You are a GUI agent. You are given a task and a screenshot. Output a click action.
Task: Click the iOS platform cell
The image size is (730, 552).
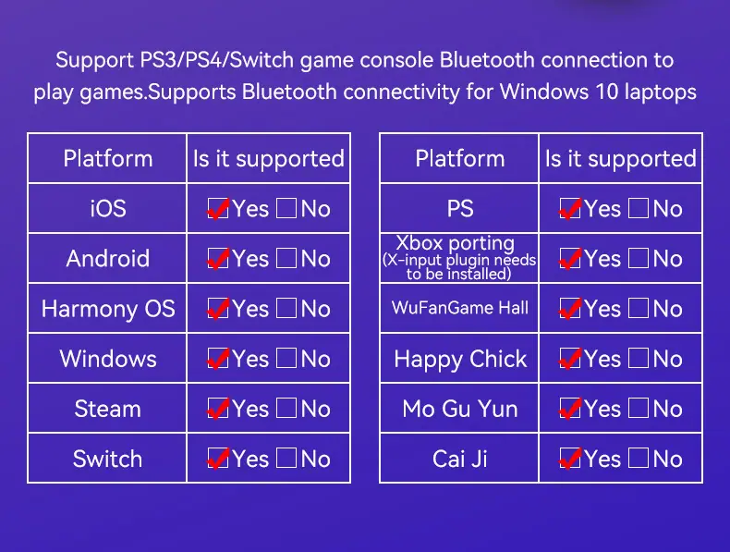[x=108, y=208]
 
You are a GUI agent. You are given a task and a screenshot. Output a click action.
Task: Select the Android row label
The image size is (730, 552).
[x=108, y=259]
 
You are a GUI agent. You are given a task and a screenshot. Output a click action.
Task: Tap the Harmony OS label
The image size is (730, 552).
[x=108, y=309]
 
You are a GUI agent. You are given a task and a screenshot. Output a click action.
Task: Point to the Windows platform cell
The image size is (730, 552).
[x=108, y=359]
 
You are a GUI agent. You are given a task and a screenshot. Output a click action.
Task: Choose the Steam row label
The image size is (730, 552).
[x=108, y=409]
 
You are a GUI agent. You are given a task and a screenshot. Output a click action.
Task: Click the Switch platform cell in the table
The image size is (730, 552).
[x=108, y=459]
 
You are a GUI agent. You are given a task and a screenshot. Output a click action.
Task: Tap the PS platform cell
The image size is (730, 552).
[x=460, y=208]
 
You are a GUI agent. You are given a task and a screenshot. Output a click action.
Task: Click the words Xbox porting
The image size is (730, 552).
[x=456, y=243]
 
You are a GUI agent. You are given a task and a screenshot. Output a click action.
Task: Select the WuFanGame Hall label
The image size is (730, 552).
[x=460, y=308]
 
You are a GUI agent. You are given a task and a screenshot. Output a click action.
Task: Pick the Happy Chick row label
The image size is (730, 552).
[x=460, y=359]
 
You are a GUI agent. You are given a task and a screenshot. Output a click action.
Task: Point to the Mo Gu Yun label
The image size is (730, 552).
[x=460, y=409]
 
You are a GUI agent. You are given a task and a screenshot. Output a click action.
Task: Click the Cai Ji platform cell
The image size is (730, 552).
[x=460, y=459]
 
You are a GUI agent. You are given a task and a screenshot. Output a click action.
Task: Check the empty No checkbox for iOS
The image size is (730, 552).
[x=286, y=208]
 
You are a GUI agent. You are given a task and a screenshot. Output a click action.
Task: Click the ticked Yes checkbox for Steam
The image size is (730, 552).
[x=218, y=409]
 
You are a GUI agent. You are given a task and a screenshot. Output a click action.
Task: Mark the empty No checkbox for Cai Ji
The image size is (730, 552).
[x=639, y=458]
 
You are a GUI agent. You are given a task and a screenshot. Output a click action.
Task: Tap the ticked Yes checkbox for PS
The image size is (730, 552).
[x=570, y=208]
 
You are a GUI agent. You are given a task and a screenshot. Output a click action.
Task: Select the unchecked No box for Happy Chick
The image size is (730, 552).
[x=639, y=358]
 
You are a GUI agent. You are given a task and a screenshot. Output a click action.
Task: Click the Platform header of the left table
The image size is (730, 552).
[x=108, y=158]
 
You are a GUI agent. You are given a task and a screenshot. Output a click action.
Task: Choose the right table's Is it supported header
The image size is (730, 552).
[x=621, y=159]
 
